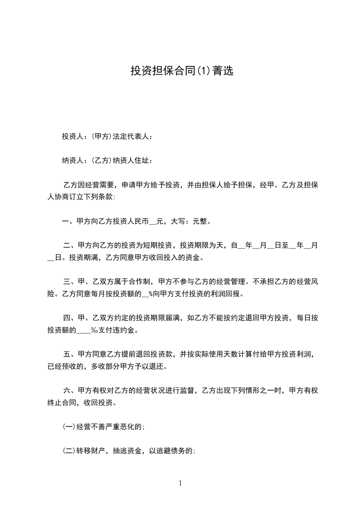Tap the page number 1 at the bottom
(x=180, y=483)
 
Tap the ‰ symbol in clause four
(x=95, y=330)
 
